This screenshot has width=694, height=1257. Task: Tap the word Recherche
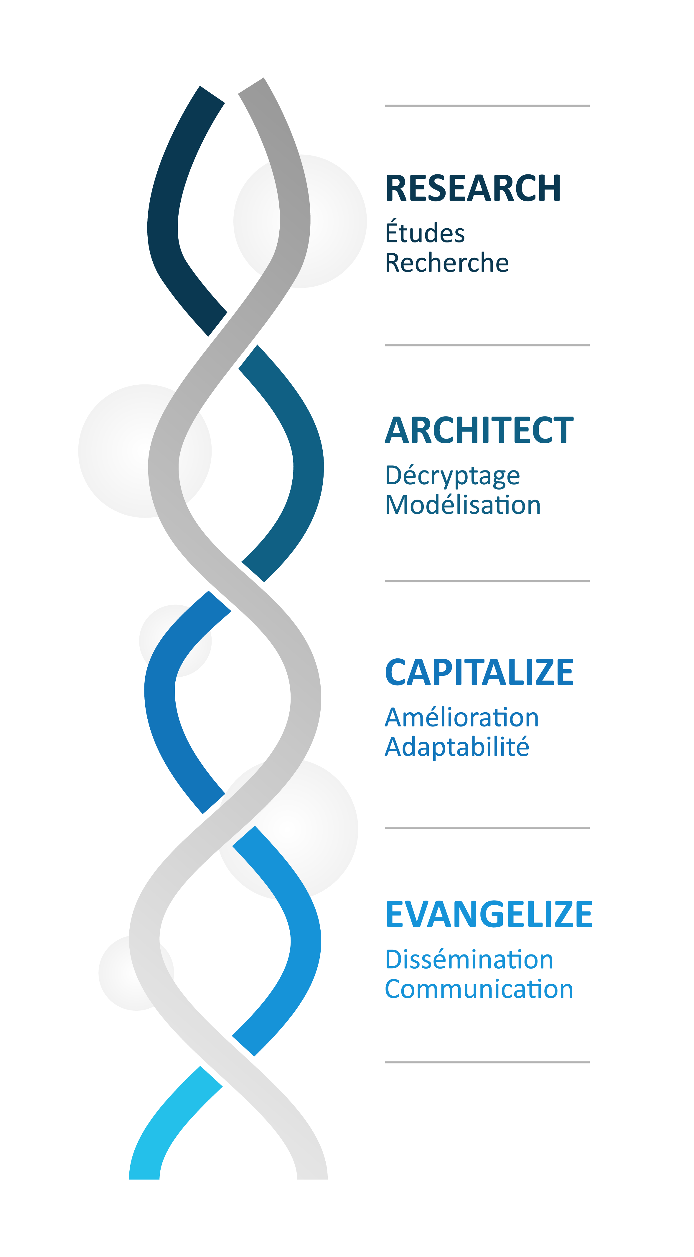(x=446, y=263)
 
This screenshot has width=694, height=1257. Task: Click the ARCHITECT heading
(x=479, y=430)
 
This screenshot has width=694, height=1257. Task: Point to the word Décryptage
(x=452, y=476)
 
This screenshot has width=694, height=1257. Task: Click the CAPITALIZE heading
(x=479, y=673)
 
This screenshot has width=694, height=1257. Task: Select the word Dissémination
(x=469, y=960)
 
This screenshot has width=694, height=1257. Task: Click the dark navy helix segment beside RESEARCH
(x=164, y=219)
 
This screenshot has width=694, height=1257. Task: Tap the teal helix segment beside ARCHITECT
(x=307, y=464)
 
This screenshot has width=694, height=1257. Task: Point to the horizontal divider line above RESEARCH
(x=487, y=105)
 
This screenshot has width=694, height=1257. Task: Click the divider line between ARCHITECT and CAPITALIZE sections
(x=487, y=581)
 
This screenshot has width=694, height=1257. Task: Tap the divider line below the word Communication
(x=487, y=1062)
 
